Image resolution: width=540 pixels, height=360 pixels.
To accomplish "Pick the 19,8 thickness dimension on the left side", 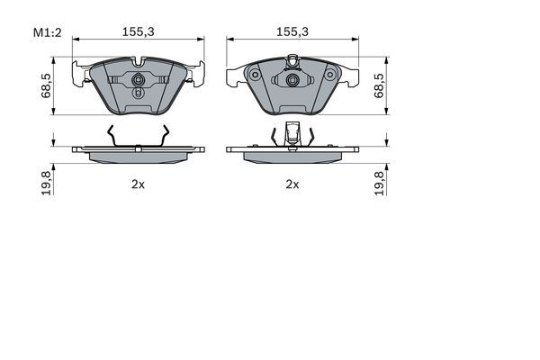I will pos(44,181).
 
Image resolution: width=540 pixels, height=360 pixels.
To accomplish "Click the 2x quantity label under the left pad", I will pos(137,184).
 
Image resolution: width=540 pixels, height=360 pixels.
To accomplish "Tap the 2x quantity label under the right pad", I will pos(292,184).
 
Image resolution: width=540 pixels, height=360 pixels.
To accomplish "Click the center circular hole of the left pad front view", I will pos(138,87).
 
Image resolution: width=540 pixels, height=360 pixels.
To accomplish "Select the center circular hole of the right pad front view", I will pos(292,80).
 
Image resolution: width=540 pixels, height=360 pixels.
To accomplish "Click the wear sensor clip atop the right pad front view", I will pos(292,61).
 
